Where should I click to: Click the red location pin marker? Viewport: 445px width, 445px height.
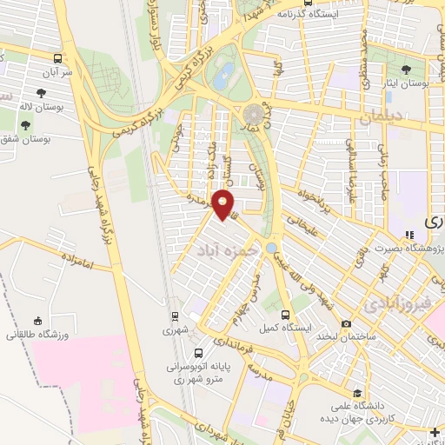pyautogui.click(x=224, y=205)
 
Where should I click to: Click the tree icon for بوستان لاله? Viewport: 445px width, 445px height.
pyautogui.click(x=42, y=91)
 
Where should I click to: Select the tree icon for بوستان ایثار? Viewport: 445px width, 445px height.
pyautogui.click(x=405, y=69)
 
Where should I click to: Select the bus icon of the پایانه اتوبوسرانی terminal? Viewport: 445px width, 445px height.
pyautogui.click(x=200, y=353)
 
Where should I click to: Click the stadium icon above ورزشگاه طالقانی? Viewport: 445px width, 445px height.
pyautogui.click(x=37, y=321)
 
